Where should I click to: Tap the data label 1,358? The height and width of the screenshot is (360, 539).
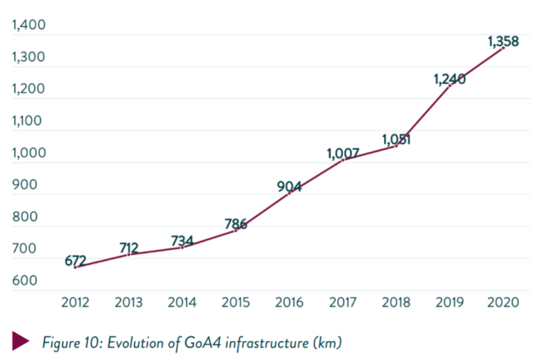pos(503,41)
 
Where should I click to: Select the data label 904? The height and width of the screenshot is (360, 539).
pos(290,186)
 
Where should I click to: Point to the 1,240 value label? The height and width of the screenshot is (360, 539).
pos(449,79)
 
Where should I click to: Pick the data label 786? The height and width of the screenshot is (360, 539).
pos(236,224)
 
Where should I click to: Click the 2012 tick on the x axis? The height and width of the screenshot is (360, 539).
pos(75,303)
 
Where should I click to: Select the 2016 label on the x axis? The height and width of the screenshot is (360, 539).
pos(289,303)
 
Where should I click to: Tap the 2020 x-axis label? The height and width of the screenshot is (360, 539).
pos(503,303)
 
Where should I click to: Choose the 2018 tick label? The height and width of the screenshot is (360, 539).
pos(396,303)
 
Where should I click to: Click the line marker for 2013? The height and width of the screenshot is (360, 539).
pos(129,254)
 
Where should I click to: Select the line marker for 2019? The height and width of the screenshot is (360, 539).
pos(450,85)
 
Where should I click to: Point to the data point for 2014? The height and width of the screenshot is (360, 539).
pos(182,247)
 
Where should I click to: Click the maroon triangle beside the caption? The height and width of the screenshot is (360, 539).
pos(21,340)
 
